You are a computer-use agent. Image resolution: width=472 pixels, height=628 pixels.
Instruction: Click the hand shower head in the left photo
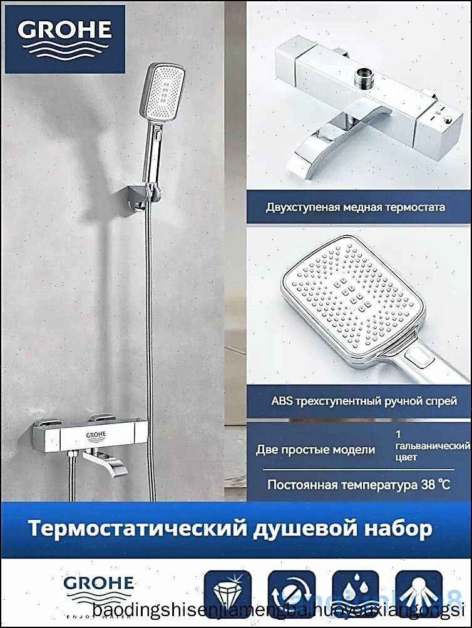pos(165,90)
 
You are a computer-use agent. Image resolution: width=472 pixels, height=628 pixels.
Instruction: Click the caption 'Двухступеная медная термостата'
pos(355,207)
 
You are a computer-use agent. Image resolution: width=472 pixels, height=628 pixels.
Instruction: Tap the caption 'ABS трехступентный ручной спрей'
pos(364,400)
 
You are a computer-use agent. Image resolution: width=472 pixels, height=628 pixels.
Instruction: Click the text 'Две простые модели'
pos(316,449)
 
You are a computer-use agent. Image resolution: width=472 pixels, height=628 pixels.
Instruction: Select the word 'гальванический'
pos(433,445)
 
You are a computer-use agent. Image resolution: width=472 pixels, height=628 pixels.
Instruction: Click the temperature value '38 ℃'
pos(433,484)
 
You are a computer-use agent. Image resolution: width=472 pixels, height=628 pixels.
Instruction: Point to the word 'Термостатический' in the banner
pos(130,529)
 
